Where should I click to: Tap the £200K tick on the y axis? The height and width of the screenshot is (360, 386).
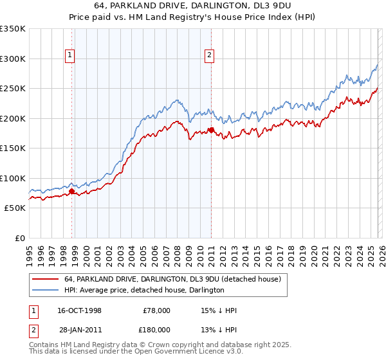coord(13,118)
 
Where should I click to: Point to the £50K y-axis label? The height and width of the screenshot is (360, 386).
coord(15,208)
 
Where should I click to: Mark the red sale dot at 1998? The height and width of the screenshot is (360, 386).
coord(71,191)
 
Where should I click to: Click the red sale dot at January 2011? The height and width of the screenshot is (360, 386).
coord(211,130)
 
